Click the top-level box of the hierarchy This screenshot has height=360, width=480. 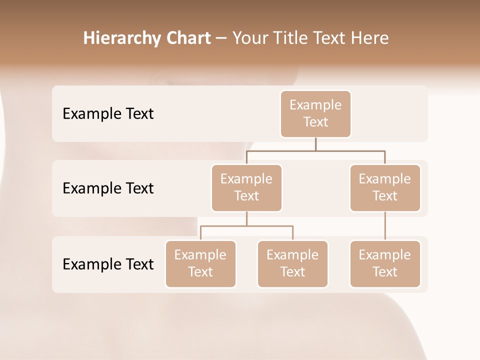[315, 113]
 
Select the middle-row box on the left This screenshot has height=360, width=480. [246, 187]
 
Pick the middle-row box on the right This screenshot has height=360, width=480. [385, 187]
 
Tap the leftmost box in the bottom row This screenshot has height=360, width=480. [200, 263]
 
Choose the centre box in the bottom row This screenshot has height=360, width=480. [292, 263]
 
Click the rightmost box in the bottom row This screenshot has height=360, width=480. [385, 263]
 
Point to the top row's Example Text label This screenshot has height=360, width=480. [108, 114]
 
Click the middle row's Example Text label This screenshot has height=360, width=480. [108, 188]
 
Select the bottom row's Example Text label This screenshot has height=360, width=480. [108, 264]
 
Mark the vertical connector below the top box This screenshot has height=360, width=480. [315, 144]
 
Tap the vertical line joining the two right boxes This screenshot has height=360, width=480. [385, 226]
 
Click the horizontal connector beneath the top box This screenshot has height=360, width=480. [315, 150]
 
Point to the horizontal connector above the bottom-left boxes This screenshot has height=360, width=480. [246, 226]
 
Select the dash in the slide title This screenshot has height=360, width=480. [221, 38]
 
